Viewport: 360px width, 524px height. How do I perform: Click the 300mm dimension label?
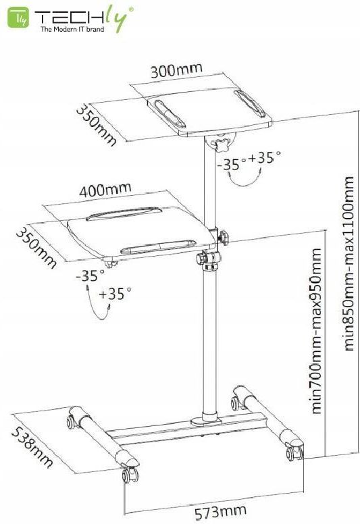[176, 70]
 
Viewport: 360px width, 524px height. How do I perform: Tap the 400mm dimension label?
[105, 190]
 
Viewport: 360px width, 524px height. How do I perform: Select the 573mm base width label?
[221, 512]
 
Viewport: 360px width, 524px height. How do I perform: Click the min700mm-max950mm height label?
[315, 331]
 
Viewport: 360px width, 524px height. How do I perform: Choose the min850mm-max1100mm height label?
[348, 263]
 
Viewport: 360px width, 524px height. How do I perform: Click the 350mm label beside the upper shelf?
[97, 126]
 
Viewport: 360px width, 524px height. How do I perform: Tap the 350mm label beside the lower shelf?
[36, 248]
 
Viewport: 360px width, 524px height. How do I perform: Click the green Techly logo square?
[18, 18]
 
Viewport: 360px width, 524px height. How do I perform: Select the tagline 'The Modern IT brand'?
[72, 30]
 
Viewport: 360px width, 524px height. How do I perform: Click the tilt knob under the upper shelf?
[222, 144]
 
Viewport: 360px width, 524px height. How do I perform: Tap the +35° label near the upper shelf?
[264, 157]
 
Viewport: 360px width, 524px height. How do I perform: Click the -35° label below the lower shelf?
[90, 276]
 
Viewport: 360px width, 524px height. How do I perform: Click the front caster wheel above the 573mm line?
[130, 475]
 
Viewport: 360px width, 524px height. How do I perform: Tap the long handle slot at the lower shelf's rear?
[124, 213]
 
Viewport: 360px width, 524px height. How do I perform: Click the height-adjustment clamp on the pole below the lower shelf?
[209, 260]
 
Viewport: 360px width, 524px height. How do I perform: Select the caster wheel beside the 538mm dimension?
[72, 422]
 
